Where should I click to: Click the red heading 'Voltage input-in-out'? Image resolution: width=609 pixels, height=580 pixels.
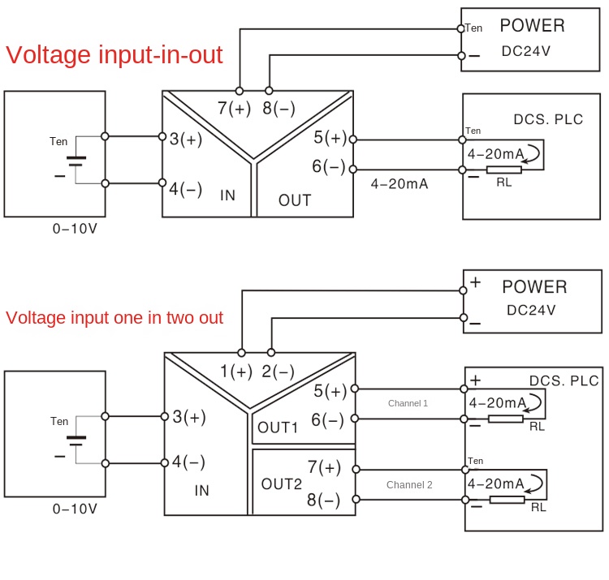pos(114,55)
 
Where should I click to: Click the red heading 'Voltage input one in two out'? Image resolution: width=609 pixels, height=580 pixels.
pos(114,317)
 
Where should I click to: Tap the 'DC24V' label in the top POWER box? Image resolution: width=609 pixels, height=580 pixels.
pos(525,51)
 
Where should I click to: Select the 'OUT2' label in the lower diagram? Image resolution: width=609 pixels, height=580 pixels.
pos(281,484)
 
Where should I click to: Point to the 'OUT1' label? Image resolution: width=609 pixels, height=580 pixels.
pos(278,427)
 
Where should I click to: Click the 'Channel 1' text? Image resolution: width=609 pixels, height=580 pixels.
pos(408,403)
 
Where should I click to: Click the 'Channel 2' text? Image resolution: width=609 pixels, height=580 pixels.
pos(409,485)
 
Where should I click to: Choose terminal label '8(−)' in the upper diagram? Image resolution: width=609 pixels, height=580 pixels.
pos(279,109)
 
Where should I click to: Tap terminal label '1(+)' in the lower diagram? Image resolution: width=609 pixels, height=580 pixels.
pos(236,372)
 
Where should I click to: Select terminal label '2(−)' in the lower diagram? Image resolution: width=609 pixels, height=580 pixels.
pos(279,372)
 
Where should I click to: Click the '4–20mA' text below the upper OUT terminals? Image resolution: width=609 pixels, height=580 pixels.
pos(399,184)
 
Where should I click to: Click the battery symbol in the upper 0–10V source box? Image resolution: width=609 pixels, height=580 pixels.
pos(76,161)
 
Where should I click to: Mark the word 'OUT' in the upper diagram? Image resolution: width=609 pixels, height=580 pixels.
pos(295,200)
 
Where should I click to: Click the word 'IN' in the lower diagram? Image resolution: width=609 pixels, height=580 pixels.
pos(202,490)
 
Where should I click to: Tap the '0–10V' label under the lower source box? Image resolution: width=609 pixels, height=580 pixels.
pos(75,509)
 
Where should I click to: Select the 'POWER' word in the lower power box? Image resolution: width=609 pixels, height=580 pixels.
pos(533,287)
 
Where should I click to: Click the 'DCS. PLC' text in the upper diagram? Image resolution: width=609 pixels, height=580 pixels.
pos(548,119)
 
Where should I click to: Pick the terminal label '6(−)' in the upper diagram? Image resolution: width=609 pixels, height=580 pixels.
pos(329,167)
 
